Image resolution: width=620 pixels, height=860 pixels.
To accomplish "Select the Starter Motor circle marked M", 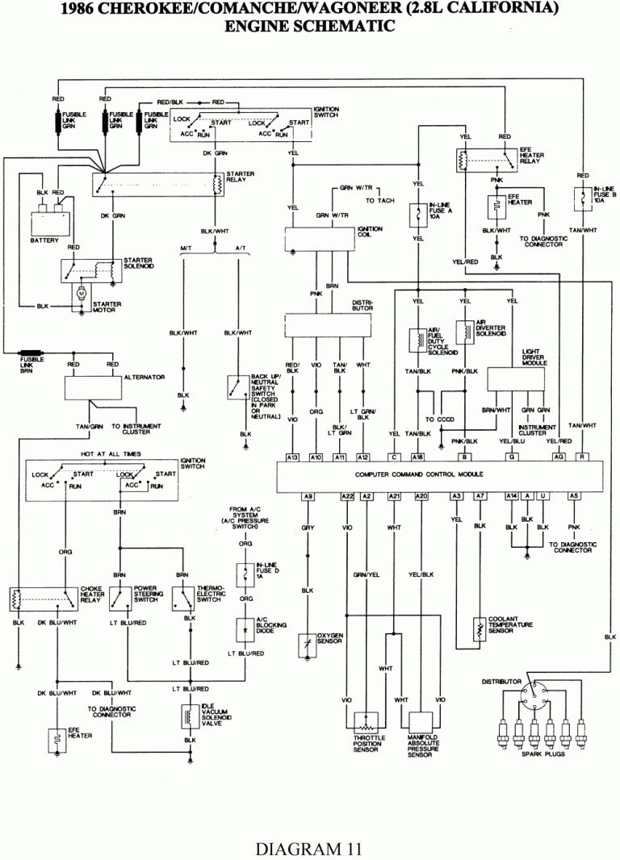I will click(x=80, y=294).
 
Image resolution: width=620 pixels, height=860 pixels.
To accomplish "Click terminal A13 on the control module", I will click(x=293, y=457).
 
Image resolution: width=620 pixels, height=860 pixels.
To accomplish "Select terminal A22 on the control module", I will click(x=347, y=495).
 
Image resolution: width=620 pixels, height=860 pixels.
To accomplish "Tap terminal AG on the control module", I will click(x=558, y=457).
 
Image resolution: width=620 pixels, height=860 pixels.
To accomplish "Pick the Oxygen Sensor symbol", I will click(x=308, y=644).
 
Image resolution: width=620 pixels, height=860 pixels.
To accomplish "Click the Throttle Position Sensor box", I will click(x=371, y=720).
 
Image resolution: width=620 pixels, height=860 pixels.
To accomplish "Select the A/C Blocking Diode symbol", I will click(x=241, y=626).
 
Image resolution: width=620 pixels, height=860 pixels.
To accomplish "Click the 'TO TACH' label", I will click(x=383, y=200).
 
